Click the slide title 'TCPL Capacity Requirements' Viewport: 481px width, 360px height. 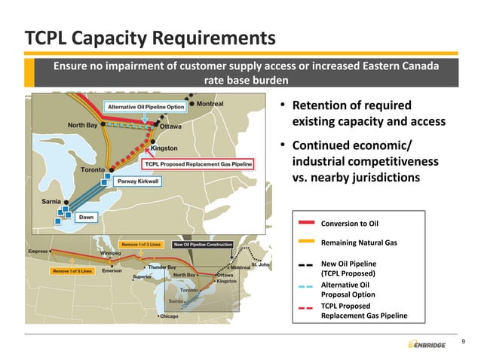(x=149, y=37)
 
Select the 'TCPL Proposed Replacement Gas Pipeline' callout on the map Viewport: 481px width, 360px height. (x=198, y=163)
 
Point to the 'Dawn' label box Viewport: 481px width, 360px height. (x=87, y=217)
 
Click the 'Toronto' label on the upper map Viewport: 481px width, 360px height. (x=98, y=169)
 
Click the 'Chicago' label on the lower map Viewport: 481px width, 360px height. (x=170, y=316)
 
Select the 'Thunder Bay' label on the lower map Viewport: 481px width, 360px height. (x=161, y=267)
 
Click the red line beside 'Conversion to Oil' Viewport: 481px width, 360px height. (x=306, y=223)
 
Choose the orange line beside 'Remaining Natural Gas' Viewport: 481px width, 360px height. (x=306, y=243)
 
